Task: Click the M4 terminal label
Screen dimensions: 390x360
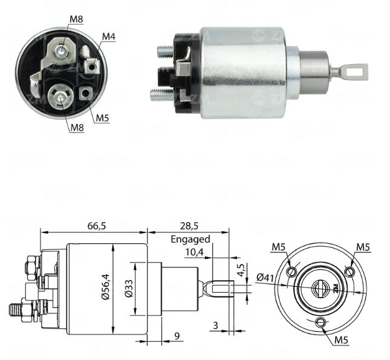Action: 109,36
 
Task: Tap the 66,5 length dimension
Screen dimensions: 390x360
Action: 97,226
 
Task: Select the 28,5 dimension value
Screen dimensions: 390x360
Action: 189,226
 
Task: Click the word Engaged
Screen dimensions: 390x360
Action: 190,240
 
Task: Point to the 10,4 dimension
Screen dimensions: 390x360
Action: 194,252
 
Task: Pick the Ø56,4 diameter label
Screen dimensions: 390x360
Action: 106,287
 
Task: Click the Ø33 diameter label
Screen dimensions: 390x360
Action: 129,289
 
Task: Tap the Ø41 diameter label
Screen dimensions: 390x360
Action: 265,277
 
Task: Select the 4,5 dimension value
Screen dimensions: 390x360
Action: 241,270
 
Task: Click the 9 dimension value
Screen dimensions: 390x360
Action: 177,336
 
